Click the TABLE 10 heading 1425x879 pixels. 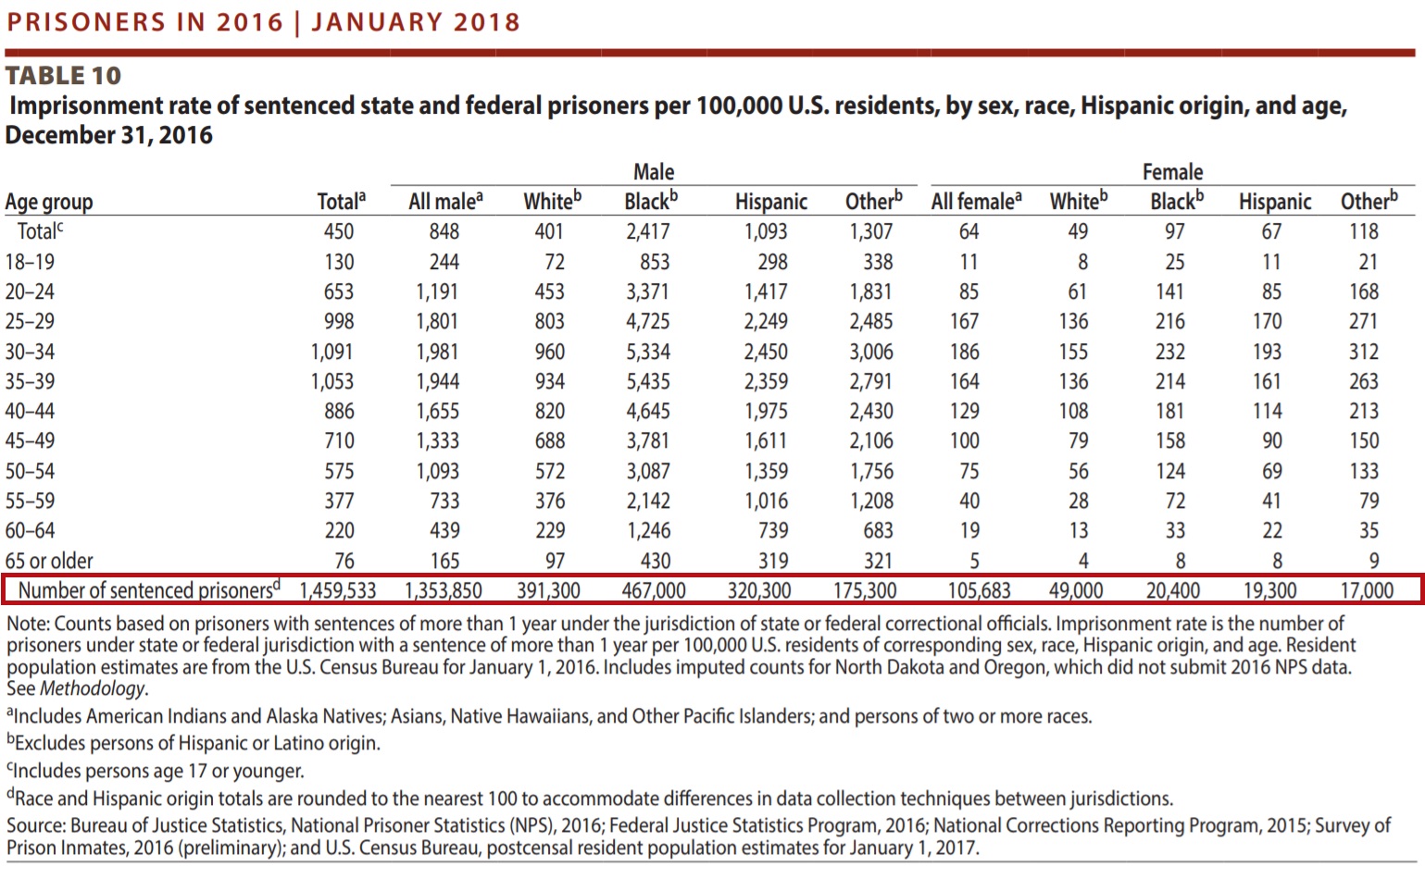click(x=63, y=75)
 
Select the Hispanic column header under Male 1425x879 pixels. click(x=770, y=202)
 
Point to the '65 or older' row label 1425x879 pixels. click(x=49, y=561)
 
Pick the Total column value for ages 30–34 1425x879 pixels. click(x=331, y=352)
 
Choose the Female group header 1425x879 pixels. click(x=1172, y=172)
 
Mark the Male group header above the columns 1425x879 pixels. click(x=654, y=172)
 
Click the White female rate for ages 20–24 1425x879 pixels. click(x=1077, y=291)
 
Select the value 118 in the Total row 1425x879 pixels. click(x=1363, y=231)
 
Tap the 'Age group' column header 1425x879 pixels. click(x=49, y=202)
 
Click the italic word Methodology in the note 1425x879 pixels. click(x=93, y=688)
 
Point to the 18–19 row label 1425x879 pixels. click(x=30, y=262)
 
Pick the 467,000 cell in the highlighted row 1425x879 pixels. click(x=653, y=590)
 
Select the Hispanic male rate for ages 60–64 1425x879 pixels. click(x=773, y=530)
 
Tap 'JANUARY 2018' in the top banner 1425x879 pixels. click(x=416, y=22)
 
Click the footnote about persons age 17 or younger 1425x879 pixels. click(x=156, y=771)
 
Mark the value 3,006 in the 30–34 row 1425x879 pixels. click(x=871, y=352)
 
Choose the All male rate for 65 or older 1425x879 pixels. click(x=444, y=561)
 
